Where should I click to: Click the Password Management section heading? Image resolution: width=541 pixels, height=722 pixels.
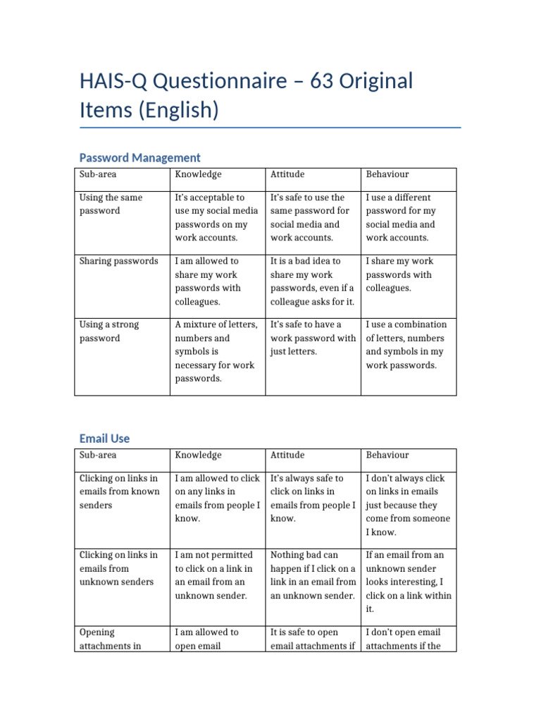(139, 158)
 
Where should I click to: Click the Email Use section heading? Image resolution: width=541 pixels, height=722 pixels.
(104, 439)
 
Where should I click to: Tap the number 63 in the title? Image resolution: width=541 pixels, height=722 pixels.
(308, 82)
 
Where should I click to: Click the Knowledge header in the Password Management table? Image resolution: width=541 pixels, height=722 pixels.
(198, 174)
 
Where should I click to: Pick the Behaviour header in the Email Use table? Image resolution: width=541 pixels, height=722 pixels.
(387, 455)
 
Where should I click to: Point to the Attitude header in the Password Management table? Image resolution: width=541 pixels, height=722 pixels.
(287, 174)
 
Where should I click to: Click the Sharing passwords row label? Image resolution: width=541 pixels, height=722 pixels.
(118, 262)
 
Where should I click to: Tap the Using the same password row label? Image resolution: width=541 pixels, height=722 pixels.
(111, 204)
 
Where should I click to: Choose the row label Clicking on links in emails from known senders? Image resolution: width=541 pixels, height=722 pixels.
(120, 491)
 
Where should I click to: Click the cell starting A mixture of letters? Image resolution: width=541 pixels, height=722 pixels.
(215, 352)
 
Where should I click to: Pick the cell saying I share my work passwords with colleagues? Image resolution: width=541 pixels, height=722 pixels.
(399, 275)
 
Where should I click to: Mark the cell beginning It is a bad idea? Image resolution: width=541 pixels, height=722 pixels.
(312, 281)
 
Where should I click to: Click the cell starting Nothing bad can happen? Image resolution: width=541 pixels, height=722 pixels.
(313, 575)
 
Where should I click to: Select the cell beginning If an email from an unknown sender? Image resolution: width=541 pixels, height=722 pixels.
(409, 582)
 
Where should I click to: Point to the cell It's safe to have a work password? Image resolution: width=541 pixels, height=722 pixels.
(313, 338)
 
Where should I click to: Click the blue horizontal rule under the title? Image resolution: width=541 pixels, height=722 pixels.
(270, 128)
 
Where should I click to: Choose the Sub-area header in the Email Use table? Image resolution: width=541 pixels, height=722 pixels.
(99, 455)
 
